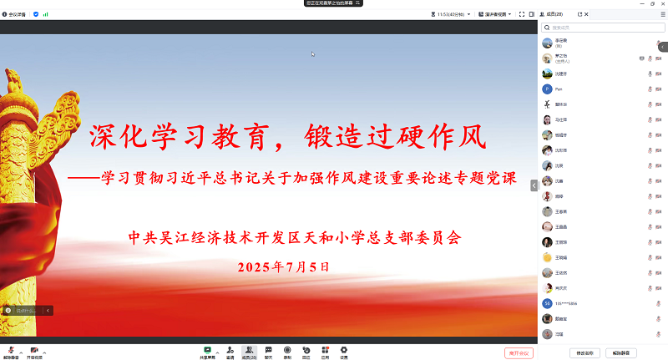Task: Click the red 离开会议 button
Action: [519, 352]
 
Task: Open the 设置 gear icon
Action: [343, 350]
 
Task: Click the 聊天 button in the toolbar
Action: [268, 350]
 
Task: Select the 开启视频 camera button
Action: [34, 350]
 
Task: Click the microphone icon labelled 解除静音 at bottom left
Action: [11, 350]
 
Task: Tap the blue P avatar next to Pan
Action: [547, 88]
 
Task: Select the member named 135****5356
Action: [566, 302]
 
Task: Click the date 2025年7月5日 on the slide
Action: [284, 267]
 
